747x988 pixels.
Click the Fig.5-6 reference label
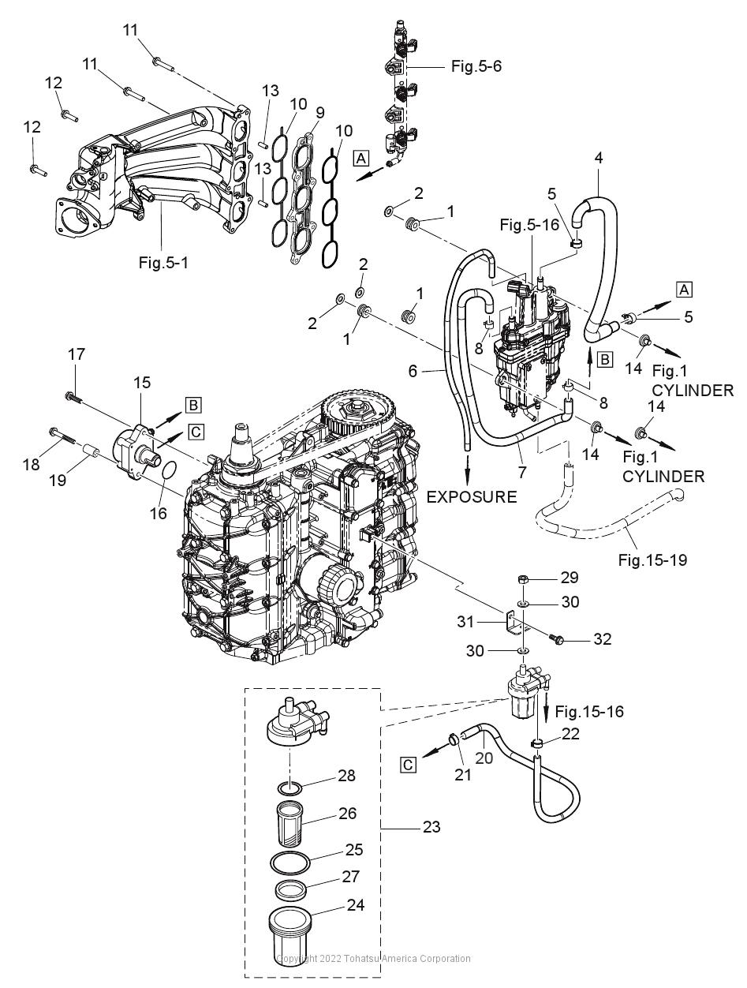pos(476,66)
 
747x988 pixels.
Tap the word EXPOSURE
pos(472,496)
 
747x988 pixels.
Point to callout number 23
pos(431,827)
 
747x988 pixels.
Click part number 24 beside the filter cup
pos(357,905)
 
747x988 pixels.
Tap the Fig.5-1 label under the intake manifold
pos(162,263)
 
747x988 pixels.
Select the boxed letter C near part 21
pos(408,764)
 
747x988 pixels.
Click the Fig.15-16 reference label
pos(588,712)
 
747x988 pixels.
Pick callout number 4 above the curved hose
pos(599,157)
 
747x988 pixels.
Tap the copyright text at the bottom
pos(373,959)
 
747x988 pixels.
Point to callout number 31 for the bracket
pos(466,622)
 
